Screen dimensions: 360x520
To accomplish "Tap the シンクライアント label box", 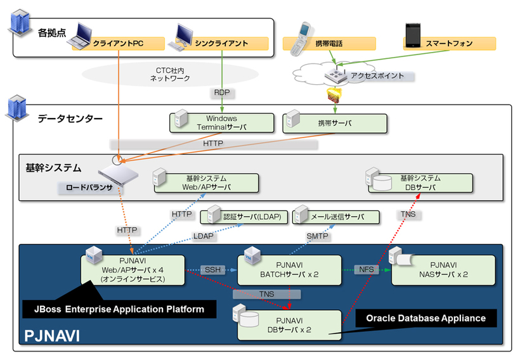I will point(221,44).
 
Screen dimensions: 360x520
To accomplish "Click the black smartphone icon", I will point(412,35).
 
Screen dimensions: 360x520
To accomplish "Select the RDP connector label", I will point(222,93).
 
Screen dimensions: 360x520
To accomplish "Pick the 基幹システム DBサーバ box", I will point(420,183).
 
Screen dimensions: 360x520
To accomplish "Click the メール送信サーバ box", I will point(337,217).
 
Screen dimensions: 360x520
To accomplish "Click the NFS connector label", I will point(366,270).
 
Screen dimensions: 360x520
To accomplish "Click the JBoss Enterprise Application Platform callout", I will point(119,309).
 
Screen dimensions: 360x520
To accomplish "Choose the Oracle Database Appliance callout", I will point(425,318).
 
